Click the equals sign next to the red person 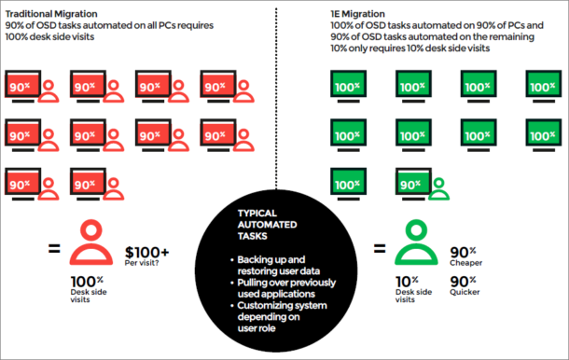pos(53,249)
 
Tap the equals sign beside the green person pos(379,249)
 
